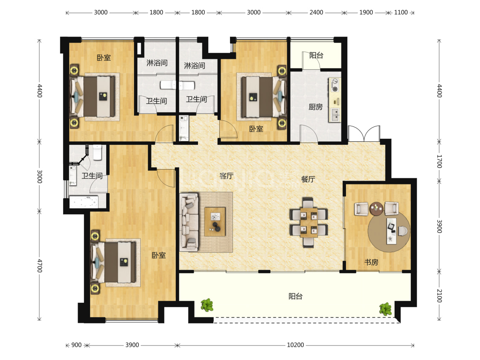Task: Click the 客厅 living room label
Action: [227, 176]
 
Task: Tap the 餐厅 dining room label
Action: [308, 179]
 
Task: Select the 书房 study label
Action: [371, 262]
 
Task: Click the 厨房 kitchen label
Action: [316, 107]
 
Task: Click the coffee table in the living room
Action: [215, 222]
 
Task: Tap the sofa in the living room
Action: [189, 222]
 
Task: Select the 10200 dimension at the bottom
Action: [295, 345]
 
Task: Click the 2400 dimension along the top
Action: [316, 12]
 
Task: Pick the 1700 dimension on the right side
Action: [439, 161]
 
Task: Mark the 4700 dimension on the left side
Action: [40, 266]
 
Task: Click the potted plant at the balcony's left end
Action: [207, 305]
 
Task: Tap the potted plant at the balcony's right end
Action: [385, 309]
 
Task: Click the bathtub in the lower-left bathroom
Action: [84, 202]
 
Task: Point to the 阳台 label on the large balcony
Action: [295, 296]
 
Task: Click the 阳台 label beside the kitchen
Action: [316, 56]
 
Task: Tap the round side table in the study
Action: [376, 209]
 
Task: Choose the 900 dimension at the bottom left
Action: [76, 345]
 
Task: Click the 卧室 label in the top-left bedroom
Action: [104, 58]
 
